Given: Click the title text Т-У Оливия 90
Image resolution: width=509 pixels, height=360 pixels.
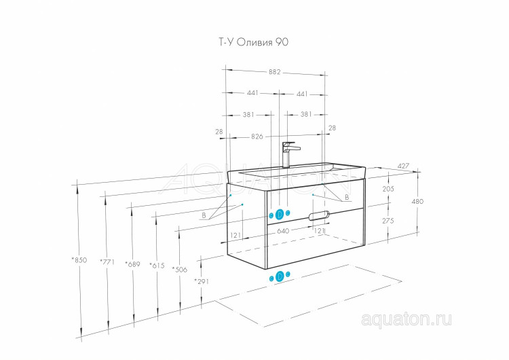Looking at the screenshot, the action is pyautogui.click(x=253, y=42).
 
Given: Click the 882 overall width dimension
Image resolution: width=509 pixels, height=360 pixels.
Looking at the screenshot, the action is pyautogui.click(x=274, y=72).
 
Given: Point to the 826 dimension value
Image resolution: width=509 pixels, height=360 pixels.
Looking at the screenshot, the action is pyautogui.click(x=257, y=137).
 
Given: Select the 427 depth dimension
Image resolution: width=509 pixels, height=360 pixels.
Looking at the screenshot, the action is pyautogui.click(x=403, y=166).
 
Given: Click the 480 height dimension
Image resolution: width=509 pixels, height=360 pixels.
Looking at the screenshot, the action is pyautogui.click(x=417, y=201).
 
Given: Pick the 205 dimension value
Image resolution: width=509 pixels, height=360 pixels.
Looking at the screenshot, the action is pyautogui.click(x=388, y=188).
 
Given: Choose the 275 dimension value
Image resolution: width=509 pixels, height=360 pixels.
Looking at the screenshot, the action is pyautogui.click(x=388, y=221).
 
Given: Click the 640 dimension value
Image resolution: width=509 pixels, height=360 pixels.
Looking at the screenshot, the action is pyautogui.click(x=283, y=231).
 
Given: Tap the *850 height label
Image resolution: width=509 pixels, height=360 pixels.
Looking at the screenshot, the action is pyautogui.click(x=79, y=260).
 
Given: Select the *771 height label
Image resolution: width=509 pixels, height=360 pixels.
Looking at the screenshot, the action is pyautogui.click(x=107, y=262).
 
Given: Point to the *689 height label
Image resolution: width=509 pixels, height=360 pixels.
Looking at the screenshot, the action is pyautogui.click(x=132, y=264).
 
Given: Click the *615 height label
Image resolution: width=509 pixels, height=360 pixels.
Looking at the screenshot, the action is pyautogui.click(x=157, y=266).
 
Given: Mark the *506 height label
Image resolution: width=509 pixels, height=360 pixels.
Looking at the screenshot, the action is pyautogui.click(x=180, y=270).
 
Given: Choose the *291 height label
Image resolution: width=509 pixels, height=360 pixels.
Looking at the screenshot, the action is pyautogui.click(x=202, y=281).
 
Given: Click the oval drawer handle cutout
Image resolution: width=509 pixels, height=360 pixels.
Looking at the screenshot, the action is pyautogui.click(x=319, y=215).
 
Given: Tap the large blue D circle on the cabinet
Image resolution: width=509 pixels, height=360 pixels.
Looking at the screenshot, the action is pyautogui.click(x=280, y=214).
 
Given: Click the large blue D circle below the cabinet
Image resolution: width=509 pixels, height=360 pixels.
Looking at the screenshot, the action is pyautogui.click(x=280, y=276).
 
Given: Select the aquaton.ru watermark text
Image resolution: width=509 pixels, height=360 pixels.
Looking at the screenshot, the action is pyautogui.click(x=406, y=319).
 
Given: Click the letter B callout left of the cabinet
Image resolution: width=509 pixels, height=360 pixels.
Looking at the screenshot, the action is pyautogui.click(x=204, y=215).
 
